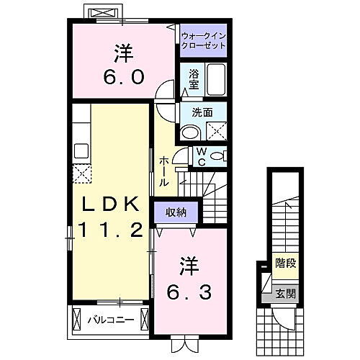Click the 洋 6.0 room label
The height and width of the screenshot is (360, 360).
(x=122, y=65)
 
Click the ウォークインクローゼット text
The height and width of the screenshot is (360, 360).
(x=203, y=40)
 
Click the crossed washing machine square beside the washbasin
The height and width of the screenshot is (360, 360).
(x=215, y=131)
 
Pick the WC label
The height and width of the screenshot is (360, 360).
(x=202, y=156)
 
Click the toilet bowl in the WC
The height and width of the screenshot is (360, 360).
(x=219, y=156)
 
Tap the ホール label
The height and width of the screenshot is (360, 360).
(x=165, y=171)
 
